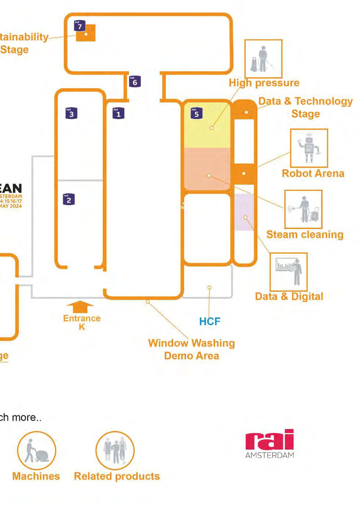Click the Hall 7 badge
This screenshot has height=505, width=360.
80,26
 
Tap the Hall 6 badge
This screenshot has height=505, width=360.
135,81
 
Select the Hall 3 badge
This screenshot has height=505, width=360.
71,113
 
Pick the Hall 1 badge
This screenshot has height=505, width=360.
118,113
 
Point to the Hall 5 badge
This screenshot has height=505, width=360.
196,113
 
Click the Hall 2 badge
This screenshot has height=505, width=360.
69,199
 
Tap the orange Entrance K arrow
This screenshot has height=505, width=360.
80,306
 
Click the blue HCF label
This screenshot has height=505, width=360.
210,321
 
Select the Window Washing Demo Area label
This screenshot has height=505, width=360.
191,349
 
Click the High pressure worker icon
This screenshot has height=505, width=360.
263,59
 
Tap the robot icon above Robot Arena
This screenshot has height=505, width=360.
309,148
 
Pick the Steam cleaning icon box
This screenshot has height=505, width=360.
303,209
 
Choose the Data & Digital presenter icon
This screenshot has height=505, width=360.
288,272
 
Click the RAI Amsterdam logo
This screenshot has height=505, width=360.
270,443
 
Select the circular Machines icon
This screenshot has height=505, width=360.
37,450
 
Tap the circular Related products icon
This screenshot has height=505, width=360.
115,450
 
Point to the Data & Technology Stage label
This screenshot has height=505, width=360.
305,107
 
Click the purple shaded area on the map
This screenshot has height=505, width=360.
244,212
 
